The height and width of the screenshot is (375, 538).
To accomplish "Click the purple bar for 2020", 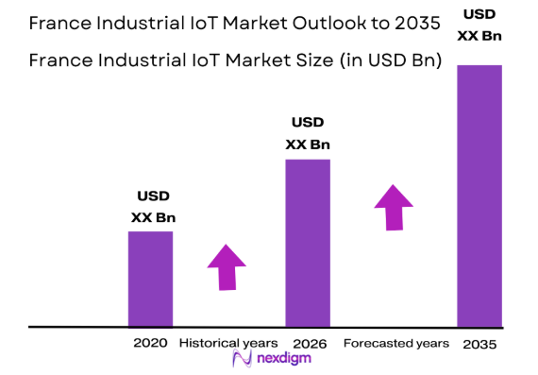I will pos(150,279).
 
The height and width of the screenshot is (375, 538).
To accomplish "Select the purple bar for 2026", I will pos(307,243).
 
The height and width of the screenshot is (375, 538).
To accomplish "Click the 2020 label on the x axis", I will pos(150,343).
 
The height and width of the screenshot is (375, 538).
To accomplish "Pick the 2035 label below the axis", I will pos(479,344).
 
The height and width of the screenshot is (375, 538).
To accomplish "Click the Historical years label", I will pos(227,343).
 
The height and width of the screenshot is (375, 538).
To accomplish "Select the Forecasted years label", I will pos(395,343).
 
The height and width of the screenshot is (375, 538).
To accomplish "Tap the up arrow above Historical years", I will pos(227,267).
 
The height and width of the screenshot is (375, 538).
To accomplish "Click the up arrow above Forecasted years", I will pos(394,207).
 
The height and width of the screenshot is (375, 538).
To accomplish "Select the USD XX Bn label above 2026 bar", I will pos(308,133).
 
